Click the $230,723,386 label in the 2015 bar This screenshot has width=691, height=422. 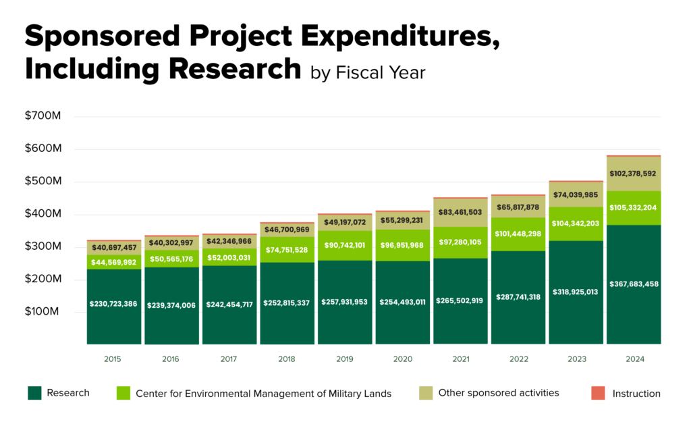coord(113,304)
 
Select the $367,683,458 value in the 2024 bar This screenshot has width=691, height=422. coord(634,284)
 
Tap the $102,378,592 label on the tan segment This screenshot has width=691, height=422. coord(634,174)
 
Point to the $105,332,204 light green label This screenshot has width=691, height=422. coord(634,207)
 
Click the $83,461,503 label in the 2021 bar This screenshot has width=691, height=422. coord(460,212)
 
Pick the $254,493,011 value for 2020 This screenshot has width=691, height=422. coord(403,302)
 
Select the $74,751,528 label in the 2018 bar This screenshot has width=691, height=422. coord(287,249)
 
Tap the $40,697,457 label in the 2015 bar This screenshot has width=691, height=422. coord(113,248)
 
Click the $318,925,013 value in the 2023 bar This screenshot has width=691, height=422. coord(576,292)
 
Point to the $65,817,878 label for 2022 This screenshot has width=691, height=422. coord(518,207)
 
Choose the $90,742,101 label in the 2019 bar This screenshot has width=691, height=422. coord(345,245)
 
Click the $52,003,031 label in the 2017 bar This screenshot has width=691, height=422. coord(229,258)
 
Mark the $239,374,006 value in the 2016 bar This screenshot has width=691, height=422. coord(171,305)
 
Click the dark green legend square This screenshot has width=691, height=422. coord(34,393)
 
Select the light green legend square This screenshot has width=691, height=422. coord(123,393)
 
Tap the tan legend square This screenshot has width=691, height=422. coord(426,393)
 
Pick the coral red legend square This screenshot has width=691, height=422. coord(598,393)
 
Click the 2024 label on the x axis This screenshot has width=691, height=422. coord(634,360)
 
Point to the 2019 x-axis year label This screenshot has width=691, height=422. coord(345,360)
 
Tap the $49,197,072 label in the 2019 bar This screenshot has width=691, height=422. coord(345,222)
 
